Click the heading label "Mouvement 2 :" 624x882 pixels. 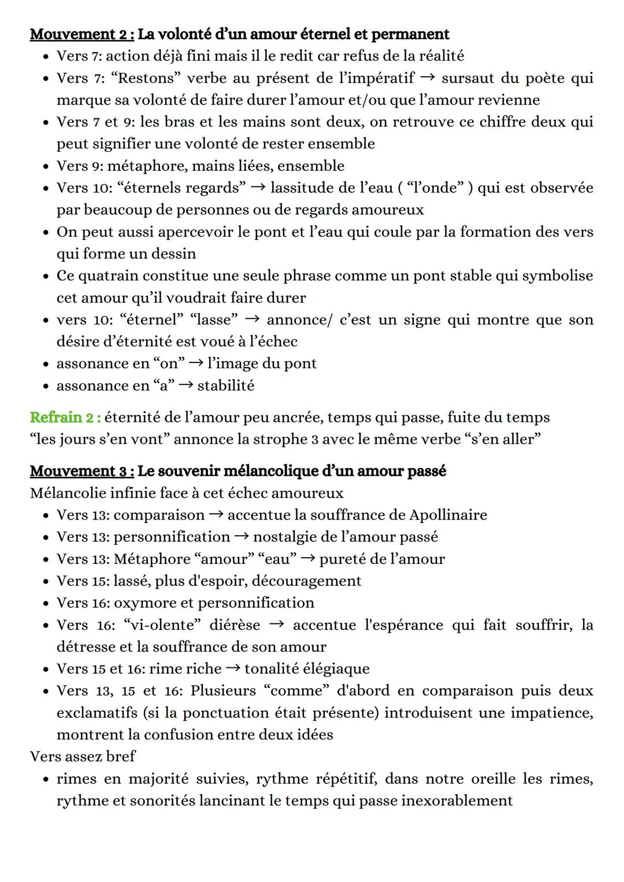(x=82, y=34)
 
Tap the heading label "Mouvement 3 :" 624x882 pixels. (x=82, y=471)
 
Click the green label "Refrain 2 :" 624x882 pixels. (x=65, y=417)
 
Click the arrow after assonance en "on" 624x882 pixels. (x=196, y=363)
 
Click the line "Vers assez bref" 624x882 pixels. (x=83, y=756)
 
